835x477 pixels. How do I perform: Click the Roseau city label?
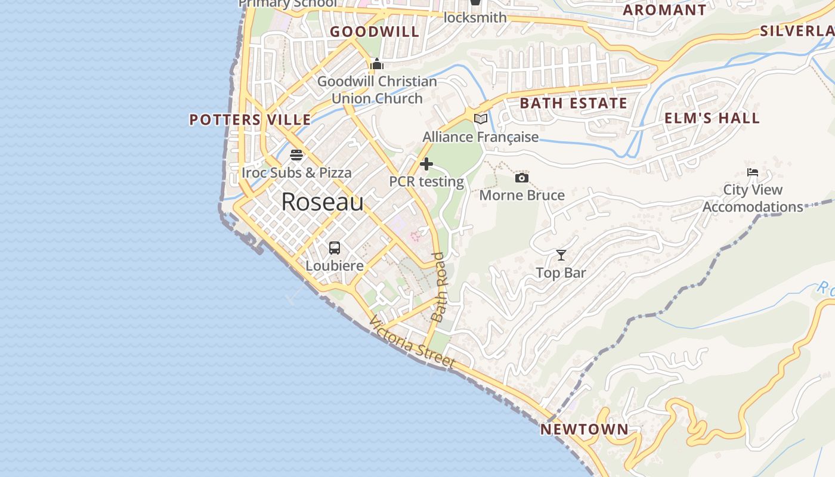[x=322, y=202]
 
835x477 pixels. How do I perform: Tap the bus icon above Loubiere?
[x=335, y=247]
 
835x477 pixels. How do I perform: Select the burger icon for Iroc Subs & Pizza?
[x=296, y=155]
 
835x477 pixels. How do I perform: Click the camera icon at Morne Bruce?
[x=521, y=178]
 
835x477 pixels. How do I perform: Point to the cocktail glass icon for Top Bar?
[x=561, y=255]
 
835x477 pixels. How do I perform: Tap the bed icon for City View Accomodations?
[x=753, y=172]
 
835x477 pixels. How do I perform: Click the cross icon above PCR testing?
[x=426, y=164]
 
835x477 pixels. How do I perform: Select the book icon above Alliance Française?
[x=480, y=119]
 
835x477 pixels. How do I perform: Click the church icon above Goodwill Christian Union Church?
[x=377, y=64]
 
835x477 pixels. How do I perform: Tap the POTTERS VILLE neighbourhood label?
[x=250, y=119]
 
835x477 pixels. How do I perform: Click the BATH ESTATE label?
[x=573, y=103]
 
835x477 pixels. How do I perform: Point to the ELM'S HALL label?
[x=712, y=118]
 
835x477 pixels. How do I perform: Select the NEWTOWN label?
[x=584, y=429]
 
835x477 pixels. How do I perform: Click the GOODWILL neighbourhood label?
[x=375, y=32]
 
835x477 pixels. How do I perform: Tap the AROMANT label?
[x=664, y=10]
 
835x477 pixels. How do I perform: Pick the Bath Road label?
[x=439, y=287]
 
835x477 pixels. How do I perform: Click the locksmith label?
[x=475, y=17]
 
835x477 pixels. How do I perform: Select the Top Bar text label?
[x=561, y=273]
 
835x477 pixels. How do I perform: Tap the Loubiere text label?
[x=335, y=265]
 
